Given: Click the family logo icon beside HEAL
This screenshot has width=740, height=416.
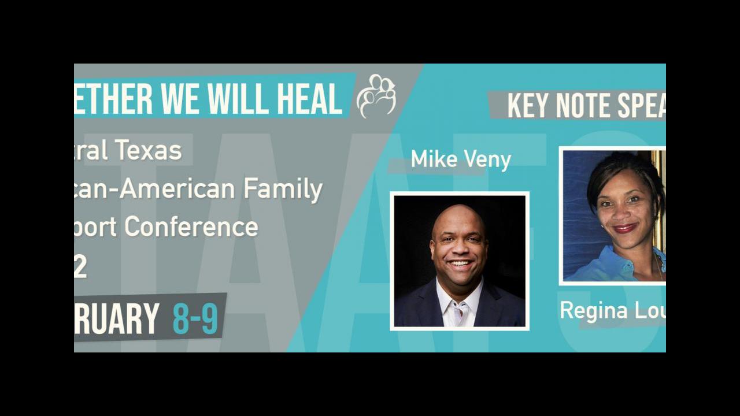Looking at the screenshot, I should point(376,96).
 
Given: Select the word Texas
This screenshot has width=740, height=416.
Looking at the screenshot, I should point(149,151).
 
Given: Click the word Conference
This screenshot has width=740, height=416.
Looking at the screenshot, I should point(191,226).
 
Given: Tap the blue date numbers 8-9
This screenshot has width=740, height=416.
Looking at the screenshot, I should point(195,320).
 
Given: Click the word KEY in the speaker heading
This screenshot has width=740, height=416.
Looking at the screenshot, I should point(528,106).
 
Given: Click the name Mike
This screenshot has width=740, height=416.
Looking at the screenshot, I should point(434,159).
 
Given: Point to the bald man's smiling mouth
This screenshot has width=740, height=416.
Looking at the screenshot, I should point(460,264).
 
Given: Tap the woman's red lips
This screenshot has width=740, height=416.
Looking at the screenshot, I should point(625,228).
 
